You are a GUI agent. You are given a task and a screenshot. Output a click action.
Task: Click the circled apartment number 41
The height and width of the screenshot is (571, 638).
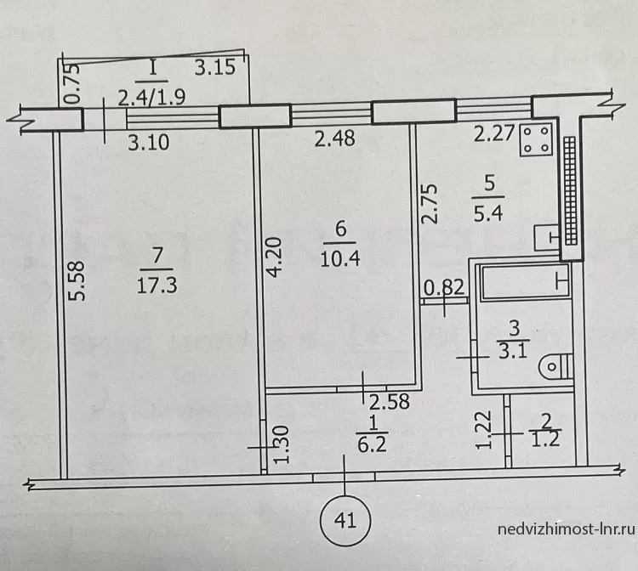(345, 521)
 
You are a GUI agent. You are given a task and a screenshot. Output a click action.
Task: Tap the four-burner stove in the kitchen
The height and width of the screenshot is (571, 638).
(536, 139)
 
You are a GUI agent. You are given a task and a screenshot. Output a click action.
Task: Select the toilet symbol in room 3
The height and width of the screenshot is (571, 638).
(555, 366)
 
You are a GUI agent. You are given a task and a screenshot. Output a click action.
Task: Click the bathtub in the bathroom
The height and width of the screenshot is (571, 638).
(525, 281)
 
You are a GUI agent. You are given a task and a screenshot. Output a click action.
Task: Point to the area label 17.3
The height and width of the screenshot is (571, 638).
(157, 285)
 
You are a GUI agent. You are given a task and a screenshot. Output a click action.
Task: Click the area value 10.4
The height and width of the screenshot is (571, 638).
(340, 258)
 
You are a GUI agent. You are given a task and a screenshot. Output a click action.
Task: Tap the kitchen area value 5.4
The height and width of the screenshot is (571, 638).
(488, 213)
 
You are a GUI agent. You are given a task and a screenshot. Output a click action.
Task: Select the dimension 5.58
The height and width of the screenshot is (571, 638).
(77, 280)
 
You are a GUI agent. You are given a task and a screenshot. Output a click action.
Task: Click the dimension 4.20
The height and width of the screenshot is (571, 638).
(275, 257)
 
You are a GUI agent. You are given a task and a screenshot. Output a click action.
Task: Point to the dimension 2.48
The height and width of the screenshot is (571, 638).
(335, 139)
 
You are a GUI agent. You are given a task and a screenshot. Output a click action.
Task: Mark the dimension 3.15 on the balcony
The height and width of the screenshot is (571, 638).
(215, 67)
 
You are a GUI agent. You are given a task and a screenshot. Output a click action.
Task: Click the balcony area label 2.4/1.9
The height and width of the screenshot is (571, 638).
(151, 98)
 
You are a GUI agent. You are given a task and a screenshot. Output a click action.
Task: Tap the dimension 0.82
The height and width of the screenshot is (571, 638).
(444, 288)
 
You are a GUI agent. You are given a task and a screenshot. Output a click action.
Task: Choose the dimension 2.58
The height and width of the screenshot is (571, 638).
(389, 402)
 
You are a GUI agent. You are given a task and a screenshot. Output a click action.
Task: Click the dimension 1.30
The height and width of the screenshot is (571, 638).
(282, 444)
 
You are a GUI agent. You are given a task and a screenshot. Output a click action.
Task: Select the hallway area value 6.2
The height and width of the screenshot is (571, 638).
(372, 444)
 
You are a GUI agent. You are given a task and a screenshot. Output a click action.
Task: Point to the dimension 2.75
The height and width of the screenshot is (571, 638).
(430, 204)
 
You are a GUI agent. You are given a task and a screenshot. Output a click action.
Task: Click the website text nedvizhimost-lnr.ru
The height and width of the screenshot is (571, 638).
(566, 529)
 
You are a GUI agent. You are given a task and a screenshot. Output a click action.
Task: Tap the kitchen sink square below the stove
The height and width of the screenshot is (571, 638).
(547, 238)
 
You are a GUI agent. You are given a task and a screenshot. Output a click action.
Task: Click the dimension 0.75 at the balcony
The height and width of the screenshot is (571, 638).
(73, 84)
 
